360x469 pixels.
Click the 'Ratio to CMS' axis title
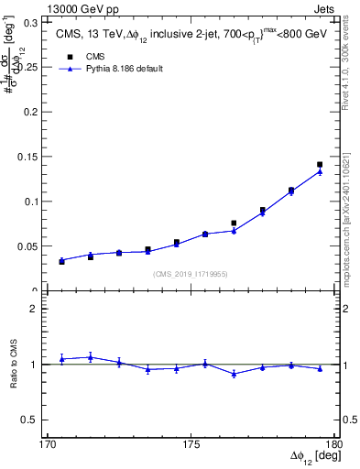pos(14,365)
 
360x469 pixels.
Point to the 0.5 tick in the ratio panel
pos(35,420)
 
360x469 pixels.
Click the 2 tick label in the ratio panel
pos(38,310)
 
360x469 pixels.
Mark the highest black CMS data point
pos(320,165)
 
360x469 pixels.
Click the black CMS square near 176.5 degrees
pos(234,223)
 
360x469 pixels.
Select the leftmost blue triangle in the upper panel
pos(61,260)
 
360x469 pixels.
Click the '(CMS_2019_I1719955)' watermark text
pos(191,273)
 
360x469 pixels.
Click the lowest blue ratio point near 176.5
pos(234,374)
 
